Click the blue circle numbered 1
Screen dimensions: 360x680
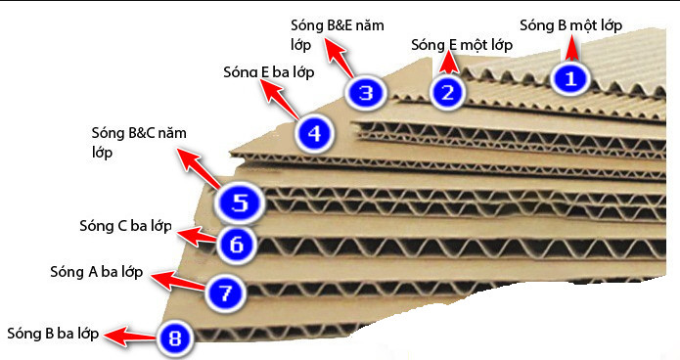pos(570,77)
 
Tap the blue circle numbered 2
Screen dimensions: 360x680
pos(446,92)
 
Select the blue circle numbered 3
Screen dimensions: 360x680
pos(365,94)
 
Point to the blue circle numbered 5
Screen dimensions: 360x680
pos(239,203)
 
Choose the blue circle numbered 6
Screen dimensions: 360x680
pos(237,244)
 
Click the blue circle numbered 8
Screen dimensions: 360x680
pos(175,338)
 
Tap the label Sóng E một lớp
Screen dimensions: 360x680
pos(462,45)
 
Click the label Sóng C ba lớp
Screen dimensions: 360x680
pos(125,227)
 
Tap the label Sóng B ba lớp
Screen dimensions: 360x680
pos(52,334)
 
